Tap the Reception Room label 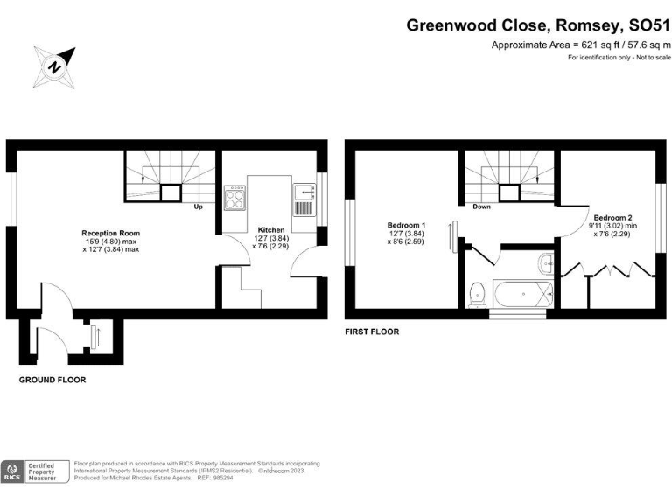(110, 233)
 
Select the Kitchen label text (270, 230)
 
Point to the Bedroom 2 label (612, 217)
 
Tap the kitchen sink (303, 199)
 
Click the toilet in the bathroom (478, 294)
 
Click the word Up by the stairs (199, 208)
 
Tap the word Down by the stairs (482, 208)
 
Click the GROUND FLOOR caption (52, 381)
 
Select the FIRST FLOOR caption (372, 332)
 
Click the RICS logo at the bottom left (12, 472)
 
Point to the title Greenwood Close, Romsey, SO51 (537, 25)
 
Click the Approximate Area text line (581, 45)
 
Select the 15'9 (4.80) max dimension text (110, 241)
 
